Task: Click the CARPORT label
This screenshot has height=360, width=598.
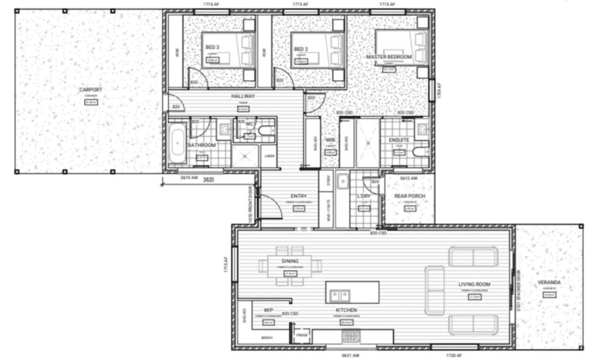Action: point(91,90)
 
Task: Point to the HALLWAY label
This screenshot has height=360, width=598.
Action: point(243,97)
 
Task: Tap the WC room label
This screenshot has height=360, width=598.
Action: point(249,124)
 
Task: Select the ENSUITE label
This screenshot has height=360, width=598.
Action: point(399,139)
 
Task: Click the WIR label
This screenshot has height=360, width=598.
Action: point(329,140)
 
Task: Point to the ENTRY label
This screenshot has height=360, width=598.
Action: point(297,196)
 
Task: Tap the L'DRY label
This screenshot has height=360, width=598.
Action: point(364,196)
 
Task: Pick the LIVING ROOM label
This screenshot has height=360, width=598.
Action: point(473,286)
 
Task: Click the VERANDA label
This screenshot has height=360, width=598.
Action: point(549,282)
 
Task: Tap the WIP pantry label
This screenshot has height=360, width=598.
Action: point(268,309)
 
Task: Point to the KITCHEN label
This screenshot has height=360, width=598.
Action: point(346,309)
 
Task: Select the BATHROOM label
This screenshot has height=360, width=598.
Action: point(202,144)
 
